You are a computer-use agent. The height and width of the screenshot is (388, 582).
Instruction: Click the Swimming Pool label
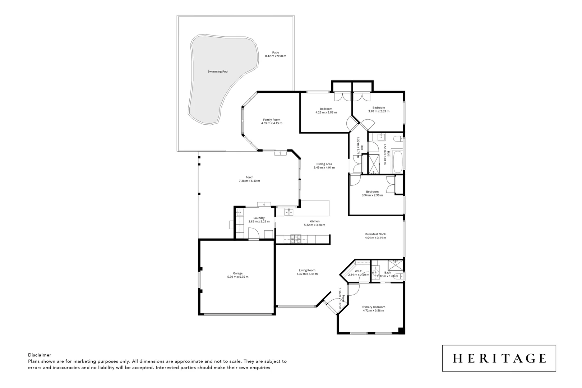point(218,71)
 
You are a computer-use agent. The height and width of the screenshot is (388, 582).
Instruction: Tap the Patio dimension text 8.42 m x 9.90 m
point(275,56)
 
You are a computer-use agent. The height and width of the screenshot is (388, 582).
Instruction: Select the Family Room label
point(272,120)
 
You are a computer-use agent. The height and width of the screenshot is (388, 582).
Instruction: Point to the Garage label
point(237,273)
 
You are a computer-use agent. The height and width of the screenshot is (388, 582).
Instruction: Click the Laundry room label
point(259,218)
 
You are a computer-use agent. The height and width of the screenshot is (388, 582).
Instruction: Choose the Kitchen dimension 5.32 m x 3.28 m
point(314,225)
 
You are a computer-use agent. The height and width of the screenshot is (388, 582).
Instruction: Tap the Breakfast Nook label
point(375,234)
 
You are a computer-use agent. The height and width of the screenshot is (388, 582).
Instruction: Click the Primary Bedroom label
point(373,307)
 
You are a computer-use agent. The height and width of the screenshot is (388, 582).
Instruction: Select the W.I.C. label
point(358,271)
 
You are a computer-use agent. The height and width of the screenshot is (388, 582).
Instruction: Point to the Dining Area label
point(324,164)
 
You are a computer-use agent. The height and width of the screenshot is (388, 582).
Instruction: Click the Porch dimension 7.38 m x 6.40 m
point(249,181)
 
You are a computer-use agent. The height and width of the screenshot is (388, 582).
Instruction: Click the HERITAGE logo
point(499,358)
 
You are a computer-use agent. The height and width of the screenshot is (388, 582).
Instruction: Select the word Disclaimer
point(40,355)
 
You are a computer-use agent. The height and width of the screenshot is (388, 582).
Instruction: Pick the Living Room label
point(307,270)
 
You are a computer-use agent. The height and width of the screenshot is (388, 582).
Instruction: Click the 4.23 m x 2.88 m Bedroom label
point(326,109)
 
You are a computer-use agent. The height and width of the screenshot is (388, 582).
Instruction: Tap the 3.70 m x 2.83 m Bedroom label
point(379,108)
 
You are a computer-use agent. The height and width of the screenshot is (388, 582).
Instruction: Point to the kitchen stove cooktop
point(296,239)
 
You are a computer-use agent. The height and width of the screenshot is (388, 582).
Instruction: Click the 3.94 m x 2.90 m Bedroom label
point(372,191)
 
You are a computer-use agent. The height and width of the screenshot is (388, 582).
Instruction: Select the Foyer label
point(343,298)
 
